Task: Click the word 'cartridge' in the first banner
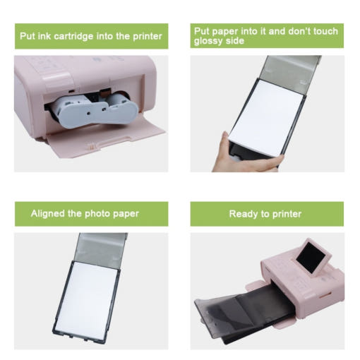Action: click(73, 37)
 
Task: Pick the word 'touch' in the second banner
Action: click(326, 31)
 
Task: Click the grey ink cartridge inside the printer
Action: click(94, 110)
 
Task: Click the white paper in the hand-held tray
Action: click(267, 118)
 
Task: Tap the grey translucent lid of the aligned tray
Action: click(101, 248)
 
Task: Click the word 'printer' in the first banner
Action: click(148, 37)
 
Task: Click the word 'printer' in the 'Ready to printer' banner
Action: click(287, 215)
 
